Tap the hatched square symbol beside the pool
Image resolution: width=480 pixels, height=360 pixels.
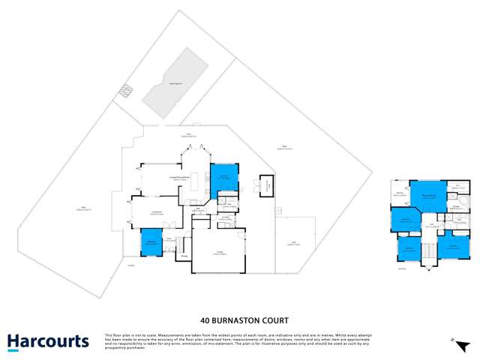pyautogui.click(x=124, y=92)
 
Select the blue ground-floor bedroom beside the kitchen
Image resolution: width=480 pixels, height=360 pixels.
pyautogui.click(x=224, y=180)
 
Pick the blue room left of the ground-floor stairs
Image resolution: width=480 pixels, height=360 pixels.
pyautogui.click(x=151, y=243)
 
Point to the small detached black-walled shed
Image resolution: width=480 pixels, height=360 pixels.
pyautogui.click(x=265, y=185)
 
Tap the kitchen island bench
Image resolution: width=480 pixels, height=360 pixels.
pyautogui.click(x=194, y=183)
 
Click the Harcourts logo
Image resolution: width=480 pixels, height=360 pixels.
pyautogui.click(x=48, y=342)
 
